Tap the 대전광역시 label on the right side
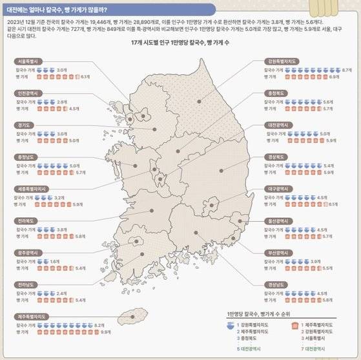[x=282, y=125]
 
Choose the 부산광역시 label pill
[x=282, y=253]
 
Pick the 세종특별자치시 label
[x=32, y=189]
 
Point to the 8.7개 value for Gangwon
[x=347, y=69]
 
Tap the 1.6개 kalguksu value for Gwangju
[x=55, y=260]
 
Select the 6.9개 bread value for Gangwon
[x=335, y=76]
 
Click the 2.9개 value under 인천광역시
[x=62, y=101]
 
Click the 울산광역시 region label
[x=282, y=220]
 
